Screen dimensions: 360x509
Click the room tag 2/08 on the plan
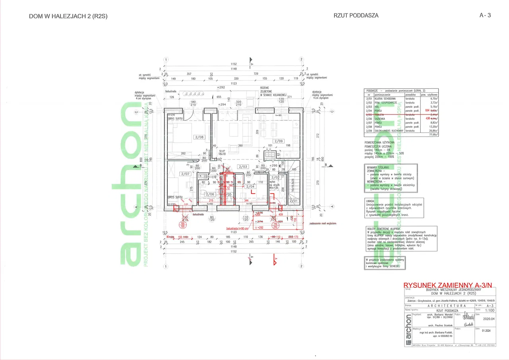(x=199, y=137)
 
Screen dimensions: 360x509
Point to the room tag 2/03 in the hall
(x=243, y=166)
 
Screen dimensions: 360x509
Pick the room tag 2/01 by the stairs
(x=294, y=201)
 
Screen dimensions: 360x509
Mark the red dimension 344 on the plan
(x=247, y=200)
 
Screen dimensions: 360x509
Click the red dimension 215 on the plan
(x=211, y=200)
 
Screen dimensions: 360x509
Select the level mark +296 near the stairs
(x=273, y=165)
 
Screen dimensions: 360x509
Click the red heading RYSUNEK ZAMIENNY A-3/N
(x=448, y=285)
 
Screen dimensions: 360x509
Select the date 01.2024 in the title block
(x=486, y=330)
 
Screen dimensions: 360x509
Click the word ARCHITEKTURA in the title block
(x=447, y=306)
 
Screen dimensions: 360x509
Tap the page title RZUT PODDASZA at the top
(x=356, y=16)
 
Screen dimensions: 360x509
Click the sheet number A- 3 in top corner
(x=485, y=16)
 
